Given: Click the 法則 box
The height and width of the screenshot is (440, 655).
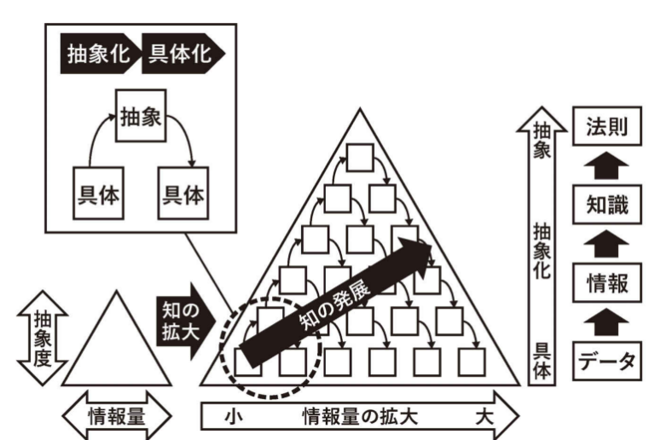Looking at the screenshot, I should click(x=606, y=128).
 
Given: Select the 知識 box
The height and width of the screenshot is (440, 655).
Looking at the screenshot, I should click(x=606, y=205).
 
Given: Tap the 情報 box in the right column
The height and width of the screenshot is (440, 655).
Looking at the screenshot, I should click(x=606, y=281).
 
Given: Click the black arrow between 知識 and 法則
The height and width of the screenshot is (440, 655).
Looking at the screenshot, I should click(x=606, y=165).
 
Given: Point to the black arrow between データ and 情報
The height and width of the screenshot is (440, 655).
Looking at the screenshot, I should click(x=606, y=321).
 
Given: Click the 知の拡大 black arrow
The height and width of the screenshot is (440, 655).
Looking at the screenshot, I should click(x=180, y=316).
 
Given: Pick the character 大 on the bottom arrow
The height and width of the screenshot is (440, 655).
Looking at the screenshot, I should click(x=484, y=417).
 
